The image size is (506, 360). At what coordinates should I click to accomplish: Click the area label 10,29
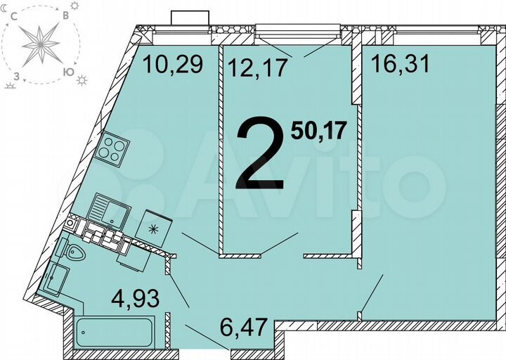pos(173,65)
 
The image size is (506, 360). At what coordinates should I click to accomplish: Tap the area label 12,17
pos(257,67)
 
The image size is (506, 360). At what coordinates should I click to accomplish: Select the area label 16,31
pos(401,65)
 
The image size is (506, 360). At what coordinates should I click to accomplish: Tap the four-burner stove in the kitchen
pos(114,148)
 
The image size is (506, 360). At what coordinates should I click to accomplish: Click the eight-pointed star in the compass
pos(41,44)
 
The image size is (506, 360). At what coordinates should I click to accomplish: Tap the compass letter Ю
pos(68,72)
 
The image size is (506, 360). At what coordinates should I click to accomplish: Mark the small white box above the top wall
pos(190,18)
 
